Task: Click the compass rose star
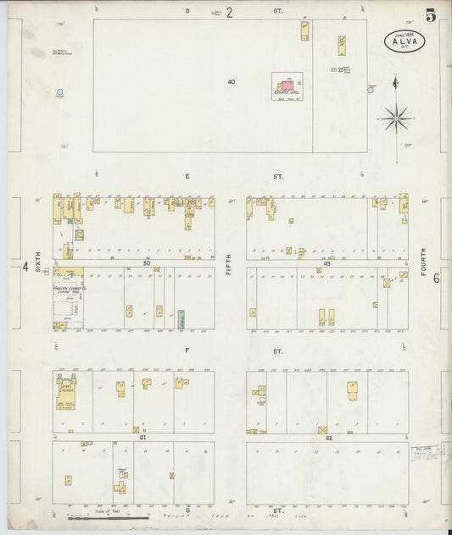(x=395, y=117)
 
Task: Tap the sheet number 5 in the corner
(x=431, y=14)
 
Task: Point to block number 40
(x=231, y=82)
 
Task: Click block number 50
(x=147, y=263)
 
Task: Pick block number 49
(x=326, y=263)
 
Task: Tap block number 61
(x=143, y=438)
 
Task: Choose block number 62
(x=326, y=438)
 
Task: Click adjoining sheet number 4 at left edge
(x=25, y=268)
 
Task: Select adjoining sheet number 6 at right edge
(x=436, y=278)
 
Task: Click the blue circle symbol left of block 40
(x=59, y=91)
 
